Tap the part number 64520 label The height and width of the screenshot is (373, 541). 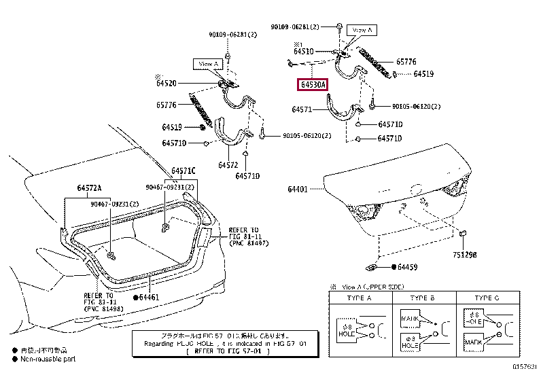(x=166, y=83)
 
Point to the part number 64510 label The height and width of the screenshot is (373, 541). (x=303, y=51)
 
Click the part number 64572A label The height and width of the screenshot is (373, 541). (x=89, y=188)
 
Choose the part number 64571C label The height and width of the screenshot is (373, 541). (x=183, y=170)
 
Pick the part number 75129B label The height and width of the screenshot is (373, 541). (x=466, y=257)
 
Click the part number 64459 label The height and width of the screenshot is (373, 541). (x=408, y=268)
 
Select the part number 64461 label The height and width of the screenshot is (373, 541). (x=149, y=297)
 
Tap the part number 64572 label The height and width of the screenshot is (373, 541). (x=228, y=165)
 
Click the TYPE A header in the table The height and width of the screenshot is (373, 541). (x=360, y=298)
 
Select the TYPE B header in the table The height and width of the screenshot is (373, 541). (x=423, y=298)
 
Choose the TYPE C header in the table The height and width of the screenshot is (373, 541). (x=487, y=298)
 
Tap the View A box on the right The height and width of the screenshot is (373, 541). (x=361, y=30)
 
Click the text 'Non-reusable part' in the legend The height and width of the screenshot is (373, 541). (x=48, y=358)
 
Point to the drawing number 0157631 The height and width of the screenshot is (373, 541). (x=524, y=367)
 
